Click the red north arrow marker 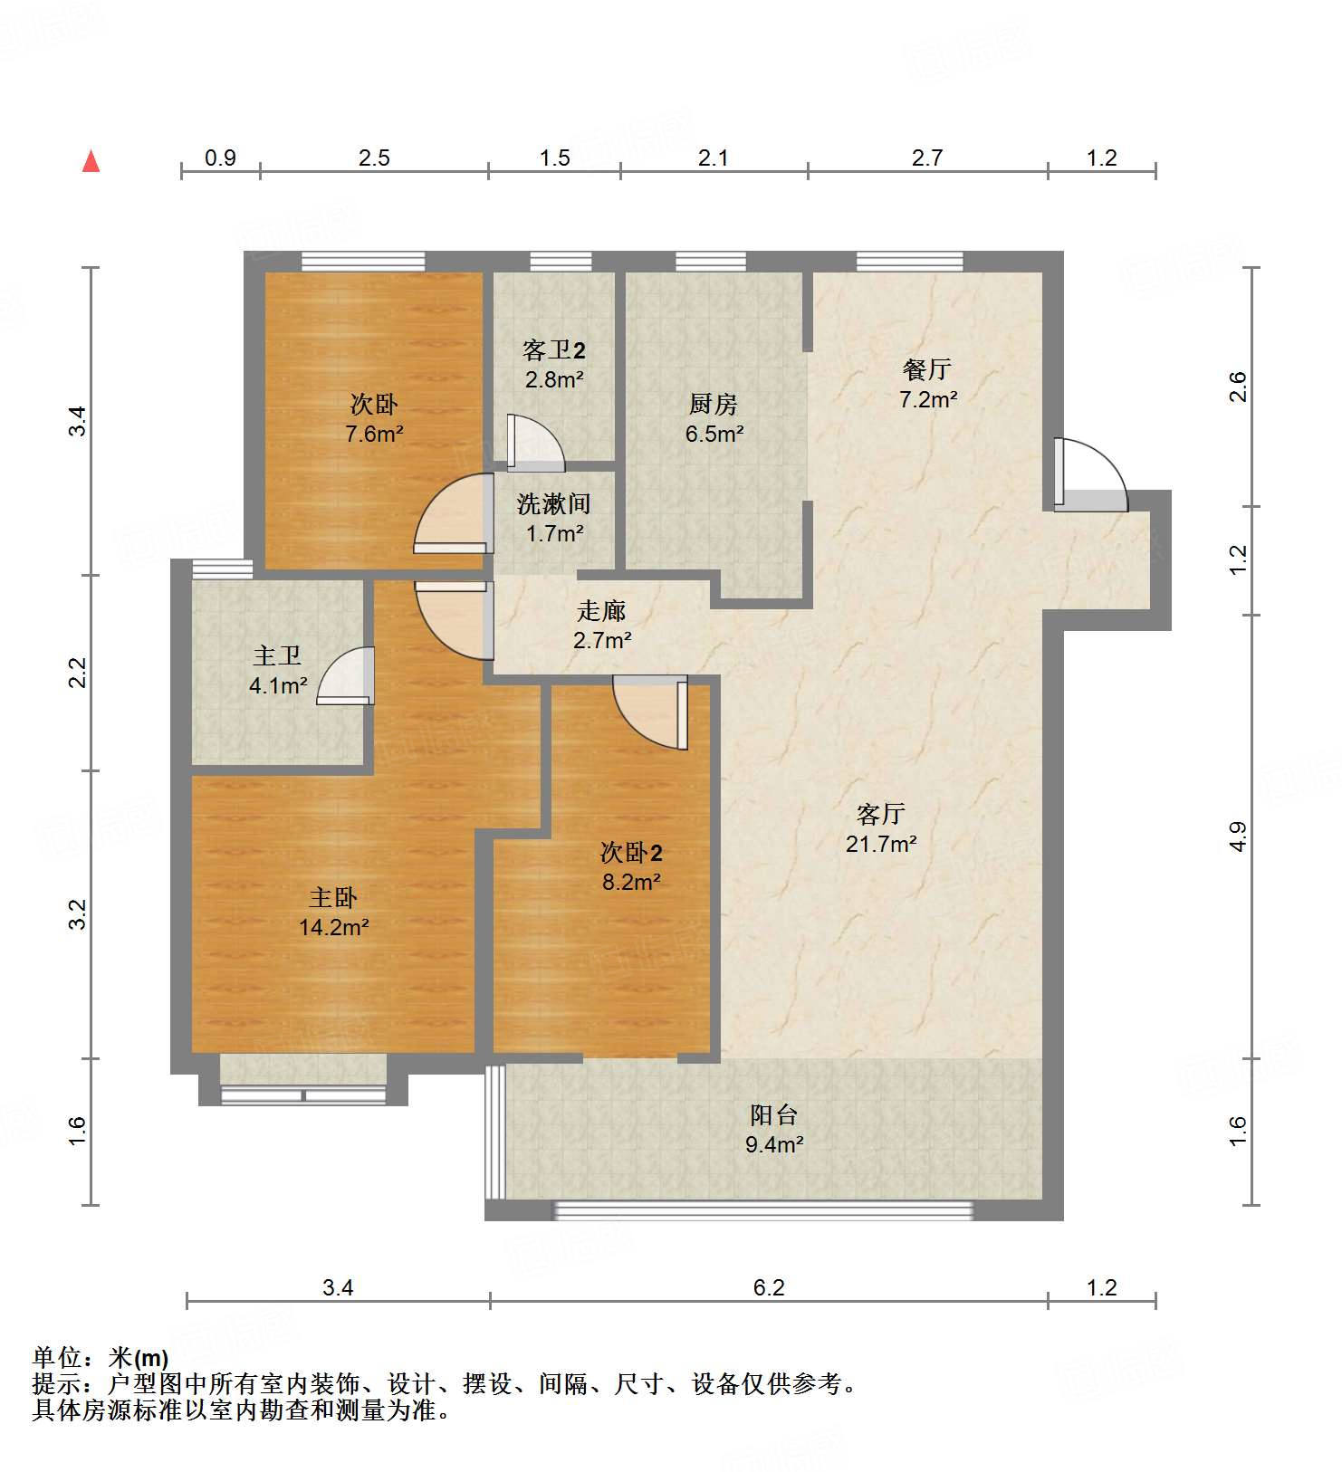(91, 162)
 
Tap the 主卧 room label (333, 898)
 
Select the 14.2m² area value (333, 928)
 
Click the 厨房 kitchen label (714, 404)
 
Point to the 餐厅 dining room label (927, 369)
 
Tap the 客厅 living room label (881, 814)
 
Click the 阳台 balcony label (774, 1115)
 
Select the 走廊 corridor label (602, 611)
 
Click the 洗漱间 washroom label (554, 504)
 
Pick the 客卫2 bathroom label (554, 350)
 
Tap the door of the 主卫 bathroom (349, 677)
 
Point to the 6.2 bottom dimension (769, 1287)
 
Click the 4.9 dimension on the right (1238, 836)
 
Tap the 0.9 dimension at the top (220, 158)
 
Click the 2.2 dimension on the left (79, 672)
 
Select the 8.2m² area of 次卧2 (631, 882)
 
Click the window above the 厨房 (711, 262)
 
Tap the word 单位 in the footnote (57, 1358)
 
